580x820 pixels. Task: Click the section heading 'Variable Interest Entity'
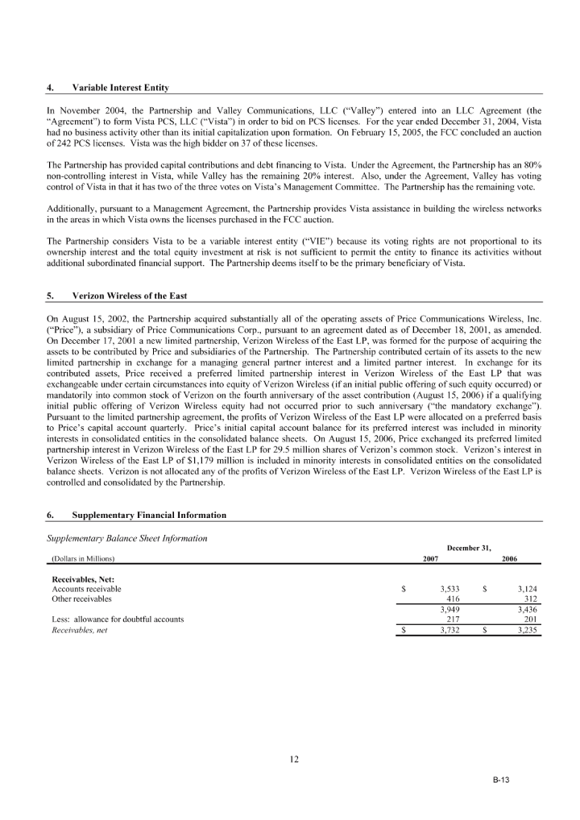point(120,88)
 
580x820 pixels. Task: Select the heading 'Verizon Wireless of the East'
point(129,296)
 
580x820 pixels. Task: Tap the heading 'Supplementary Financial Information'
point(149,515)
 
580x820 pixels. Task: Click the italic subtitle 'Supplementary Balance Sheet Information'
point(127,539)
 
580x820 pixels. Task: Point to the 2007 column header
point(430,559)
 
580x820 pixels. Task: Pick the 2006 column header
point(509,559)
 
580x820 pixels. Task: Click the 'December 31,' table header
point(469,548)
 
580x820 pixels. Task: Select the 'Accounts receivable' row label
point(86,589)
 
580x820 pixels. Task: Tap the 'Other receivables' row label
point(81,598)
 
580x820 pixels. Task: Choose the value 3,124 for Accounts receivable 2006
point(527,589)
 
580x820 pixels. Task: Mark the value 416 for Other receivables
point(453,598)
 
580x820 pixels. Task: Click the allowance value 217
point(453,619)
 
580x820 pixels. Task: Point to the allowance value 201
point(530,619)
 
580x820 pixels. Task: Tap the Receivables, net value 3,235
point(527,630)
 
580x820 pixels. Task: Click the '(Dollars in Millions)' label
point(83,559)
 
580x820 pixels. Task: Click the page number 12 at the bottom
point(294,760)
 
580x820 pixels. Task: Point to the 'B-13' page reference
point(500,780)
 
